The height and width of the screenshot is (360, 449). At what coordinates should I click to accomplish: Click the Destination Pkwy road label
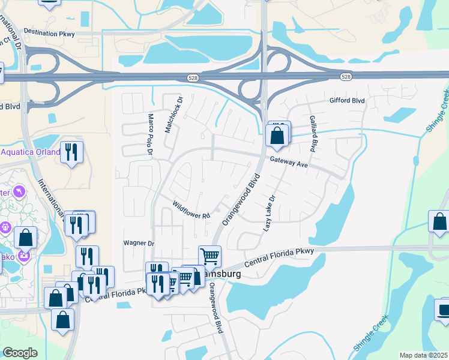click(x=49, y=34)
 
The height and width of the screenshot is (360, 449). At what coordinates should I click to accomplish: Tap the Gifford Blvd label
click(x=347, y=101)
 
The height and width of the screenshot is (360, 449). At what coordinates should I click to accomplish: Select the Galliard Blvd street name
click(x=313, y=134)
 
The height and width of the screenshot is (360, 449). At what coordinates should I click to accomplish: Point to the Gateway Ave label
click(x=289, y=162)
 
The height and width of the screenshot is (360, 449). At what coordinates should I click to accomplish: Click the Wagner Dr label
click(x=139, y=243)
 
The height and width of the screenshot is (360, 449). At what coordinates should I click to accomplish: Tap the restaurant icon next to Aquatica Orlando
click(x=72, y=152)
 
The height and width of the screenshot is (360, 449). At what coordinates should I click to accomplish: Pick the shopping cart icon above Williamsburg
click(x=209, y=257)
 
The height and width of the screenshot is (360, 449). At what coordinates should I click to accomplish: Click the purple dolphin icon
click(x=20, y=191)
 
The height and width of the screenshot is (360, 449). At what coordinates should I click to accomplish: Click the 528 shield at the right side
click(x=345, y=77)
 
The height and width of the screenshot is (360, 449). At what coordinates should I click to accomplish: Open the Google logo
click(x=20, y=353)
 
